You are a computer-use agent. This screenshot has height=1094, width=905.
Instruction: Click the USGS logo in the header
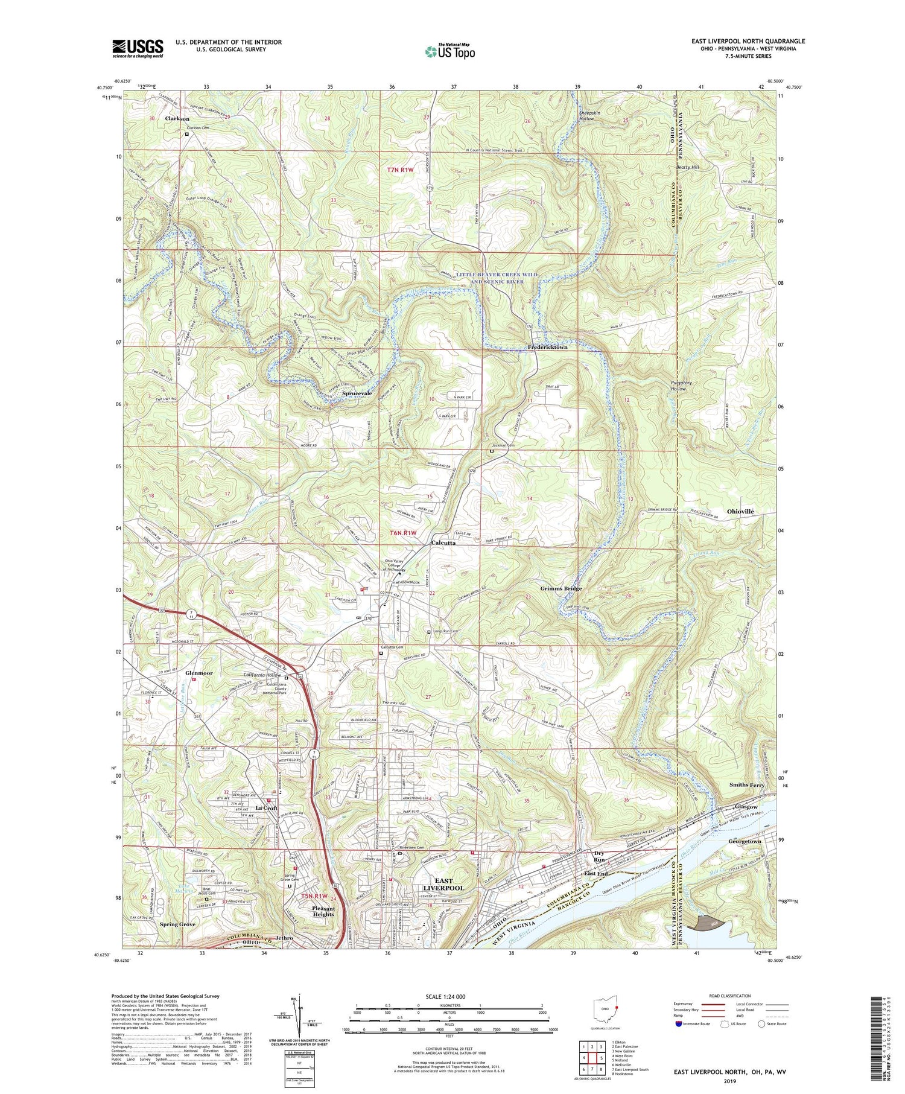(137, 48)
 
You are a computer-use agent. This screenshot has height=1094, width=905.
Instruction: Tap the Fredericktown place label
(547, 348)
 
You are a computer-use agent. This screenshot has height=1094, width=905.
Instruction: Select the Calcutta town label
(443, 542)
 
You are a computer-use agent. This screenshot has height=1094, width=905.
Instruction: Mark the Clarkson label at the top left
(177, 119)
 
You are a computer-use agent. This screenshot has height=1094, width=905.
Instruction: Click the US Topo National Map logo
(449, 51)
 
